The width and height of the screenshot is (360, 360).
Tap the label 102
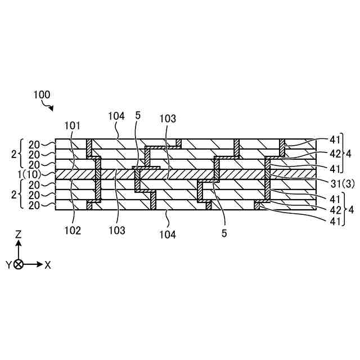click(73, 229)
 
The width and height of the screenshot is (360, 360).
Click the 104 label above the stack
click(116, 116)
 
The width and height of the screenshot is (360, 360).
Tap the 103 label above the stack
click(167, 119)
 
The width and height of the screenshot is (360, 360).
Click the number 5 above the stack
click(138, 115)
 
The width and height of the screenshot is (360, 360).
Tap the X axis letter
click(47, 264)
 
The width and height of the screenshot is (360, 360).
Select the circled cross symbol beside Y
click(19, 264)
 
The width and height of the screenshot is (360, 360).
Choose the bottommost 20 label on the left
click(34, 205)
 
